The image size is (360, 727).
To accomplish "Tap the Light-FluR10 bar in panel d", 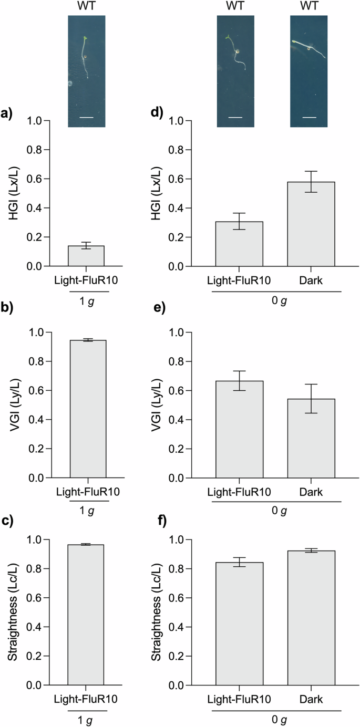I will click(x=239, y=244).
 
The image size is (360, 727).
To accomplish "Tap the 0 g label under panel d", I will click(x=277, y=302).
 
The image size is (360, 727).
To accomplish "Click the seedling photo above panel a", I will click(x=86, y=71).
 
